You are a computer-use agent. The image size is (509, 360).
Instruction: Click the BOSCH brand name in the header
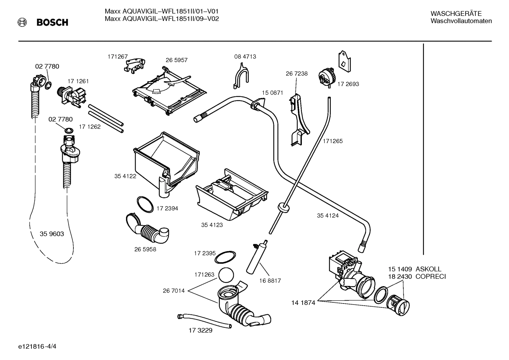coord(52,23)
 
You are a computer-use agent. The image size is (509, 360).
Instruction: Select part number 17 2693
coord(348,84)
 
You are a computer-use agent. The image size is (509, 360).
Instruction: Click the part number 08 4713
coord(245,57)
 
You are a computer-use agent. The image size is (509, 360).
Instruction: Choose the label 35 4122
coord(125,176)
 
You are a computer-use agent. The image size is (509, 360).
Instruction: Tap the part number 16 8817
coord(270,281)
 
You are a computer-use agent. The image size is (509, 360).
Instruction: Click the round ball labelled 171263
coord(226,275)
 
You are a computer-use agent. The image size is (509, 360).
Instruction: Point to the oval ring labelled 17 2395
coord(226,258)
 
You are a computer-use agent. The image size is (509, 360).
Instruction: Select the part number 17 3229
coord(200,330)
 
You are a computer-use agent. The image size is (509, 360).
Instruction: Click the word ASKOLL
coord(428,269)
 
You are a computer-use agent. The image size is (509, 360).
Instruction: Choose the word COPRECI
coord(430,277)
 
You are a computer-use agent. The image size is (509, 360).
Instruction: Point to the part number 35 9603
coord(52,234)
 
